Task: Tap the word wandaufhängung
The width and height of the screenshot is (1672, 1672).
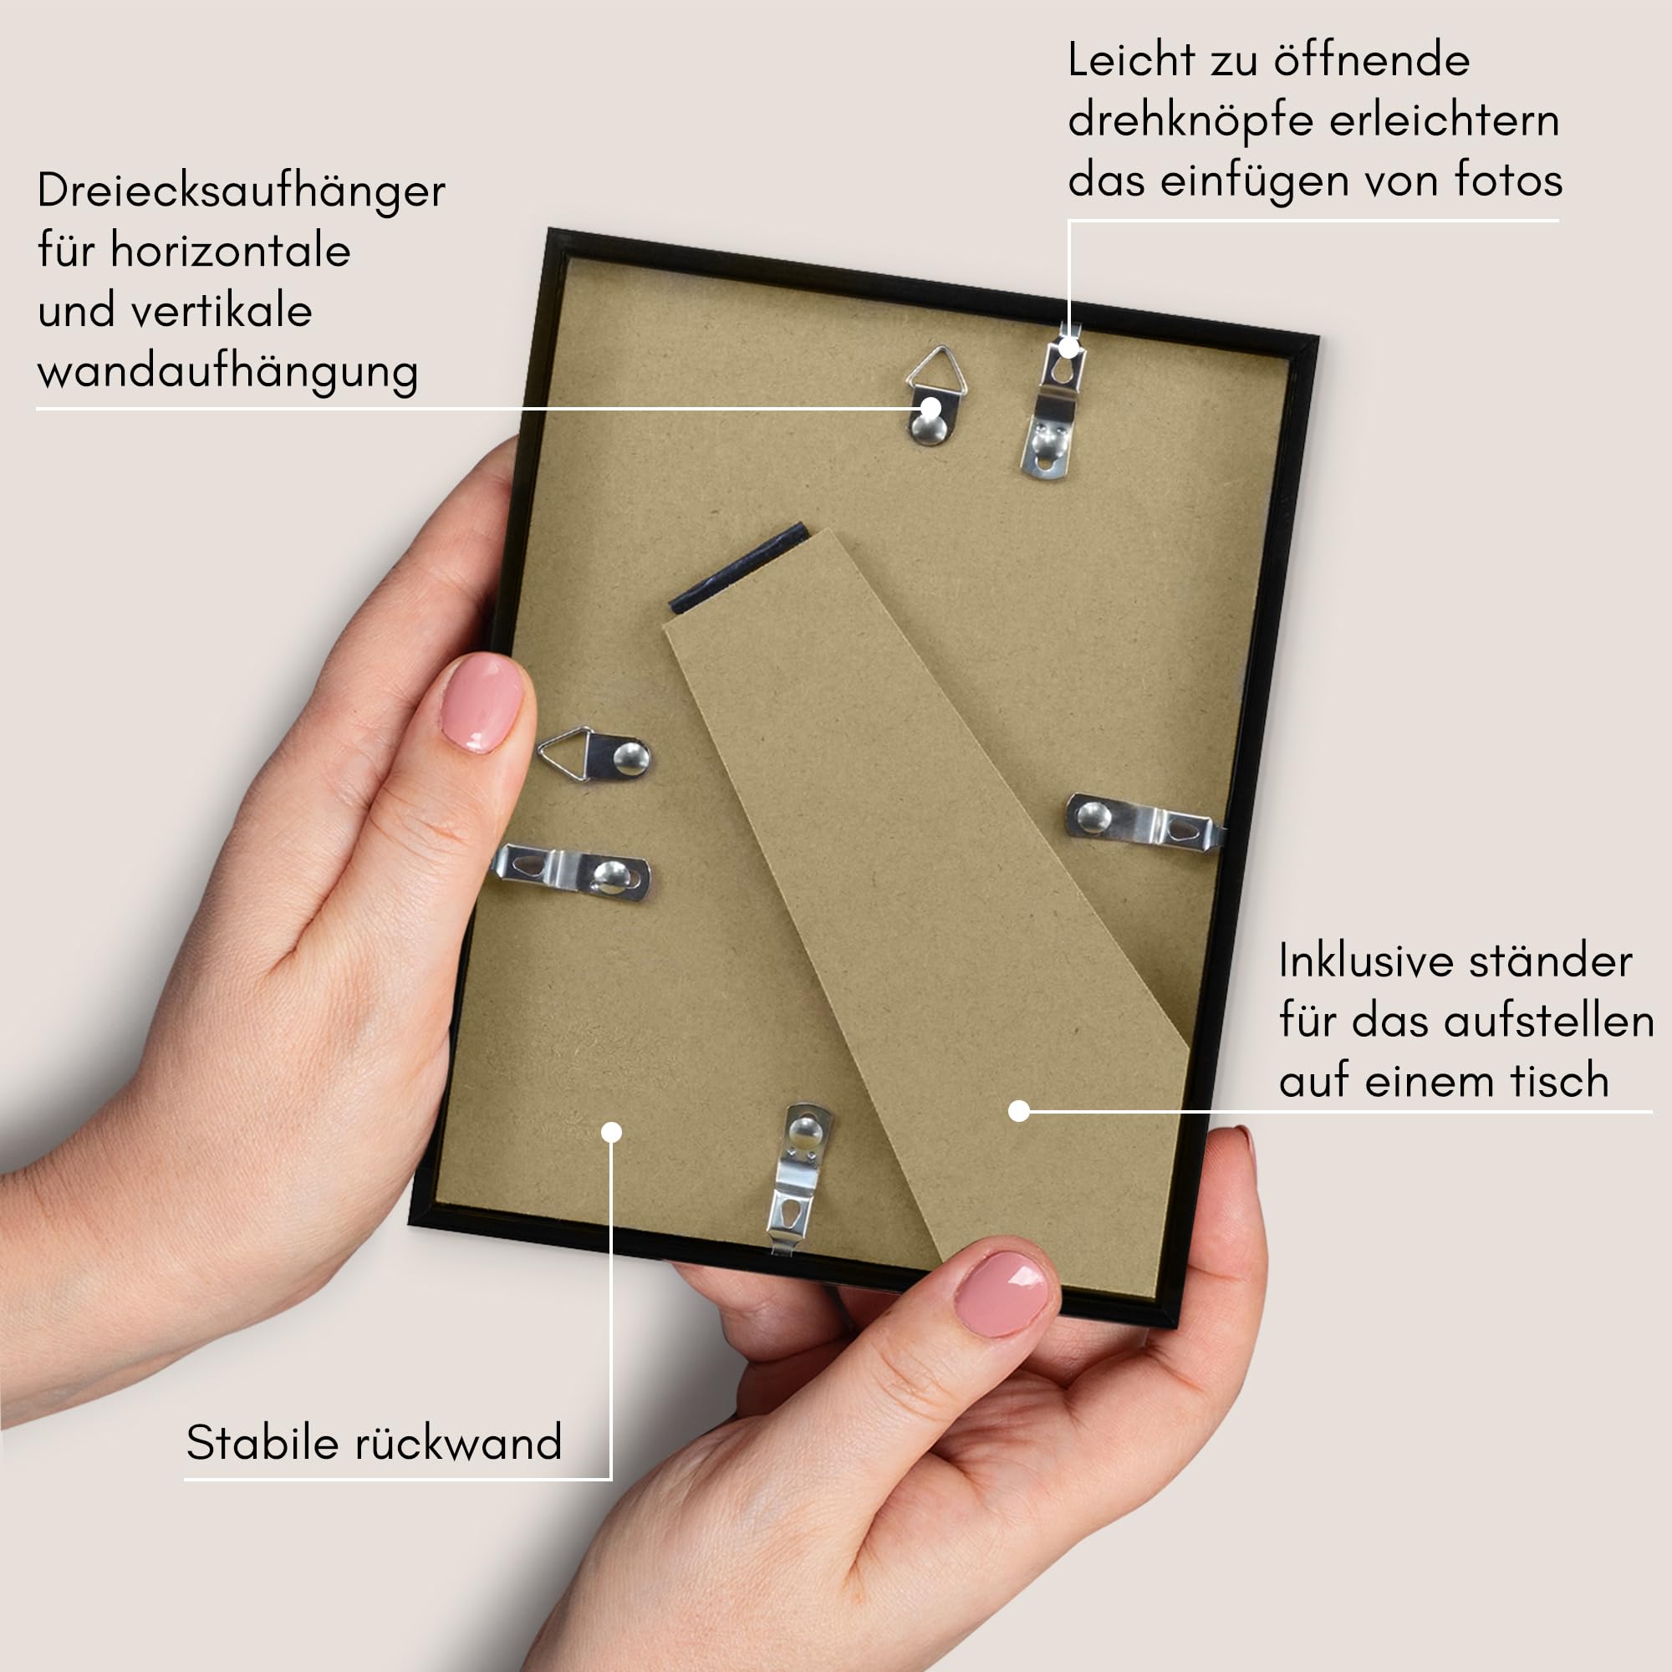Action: [x=228, y=373]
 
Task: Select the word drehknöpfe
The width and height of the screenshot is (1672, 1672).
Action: [x=1190, y=121]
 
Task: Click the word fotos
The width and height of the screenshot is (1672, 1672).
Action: [x=1508, y=180]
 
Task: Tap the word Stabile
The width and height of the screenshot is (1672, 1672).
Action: [x=263, y=1444]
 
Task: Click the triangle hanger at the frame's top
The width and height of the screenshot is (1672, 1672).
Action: [x=935, y=395]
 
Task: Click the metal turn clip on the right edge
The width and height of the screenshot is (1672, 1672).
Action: [x=1144, y=822]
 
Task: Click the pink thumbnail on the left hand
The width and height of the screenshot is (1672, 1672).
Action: [x=482, y=703]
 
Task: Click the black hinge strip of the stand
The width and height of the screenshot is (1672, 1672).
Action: [x=739, y=568]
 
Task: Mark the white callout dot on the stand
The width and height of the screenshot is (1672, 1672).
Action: [x=1018, y=1110]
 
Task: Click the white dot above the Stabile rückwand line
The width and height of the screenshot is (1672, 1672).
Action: [x=611, y=1132]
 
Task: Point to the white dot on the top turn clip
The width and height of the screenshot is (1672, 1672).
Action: [x=1070, y=348]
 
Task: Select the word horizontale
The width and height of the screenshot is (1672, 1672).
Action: [x=230, y=252]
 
